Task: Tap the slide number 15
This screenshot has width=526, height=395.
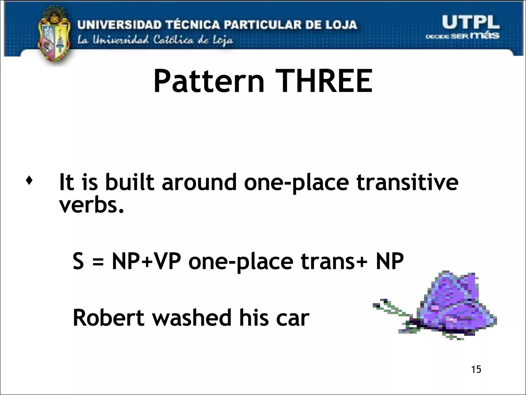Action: tap(476, 370)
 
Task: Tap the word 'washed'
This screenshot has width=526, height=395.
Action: tap(192, 318)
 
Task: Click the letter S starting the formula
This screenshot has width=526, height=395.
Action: tap(78, 261)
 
